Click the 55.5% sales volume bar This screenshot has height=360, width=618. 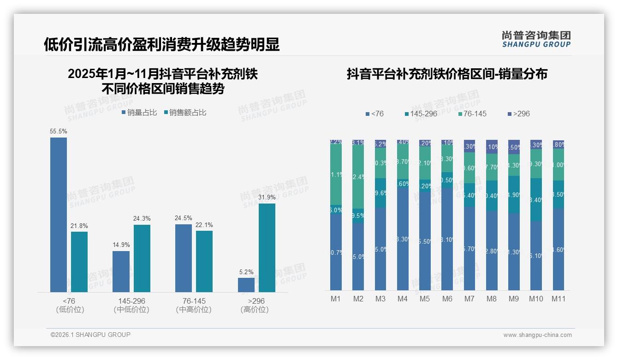click(x=59, y=215)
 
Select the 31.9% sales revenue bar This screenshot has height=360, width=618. click(x=267, y=248)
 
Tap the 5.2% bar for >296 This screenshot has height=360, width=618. click(x=246, y=285)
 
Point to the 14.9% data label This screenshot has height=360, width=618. click(x=121, y=245)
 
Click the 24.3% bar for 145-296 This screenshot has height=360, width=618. click(x=142, y=258)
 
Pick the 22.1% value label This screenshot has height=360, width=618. click(x=204, y=225)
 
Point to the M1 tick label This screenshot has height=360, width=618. click(x=336, y=299)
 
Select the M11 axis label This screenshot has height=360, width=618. click(x=559, y=299)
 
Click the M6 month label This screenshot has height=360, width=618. click(x=447, y=299)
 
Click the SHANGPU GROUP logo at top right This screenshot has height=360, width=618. click(x=536, y=39)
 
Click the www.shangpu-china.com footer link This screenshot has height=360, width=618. click(x=537, y=335)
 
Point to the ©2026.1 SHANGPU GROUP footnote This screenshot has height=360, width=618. click(x=90, y=335)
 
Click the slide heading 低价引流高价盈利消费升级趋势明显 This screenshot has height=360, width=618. click(x=161, y=45)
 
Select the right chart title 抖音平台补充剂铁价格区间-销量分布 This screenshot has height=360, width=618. click(x=447, y=74)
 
